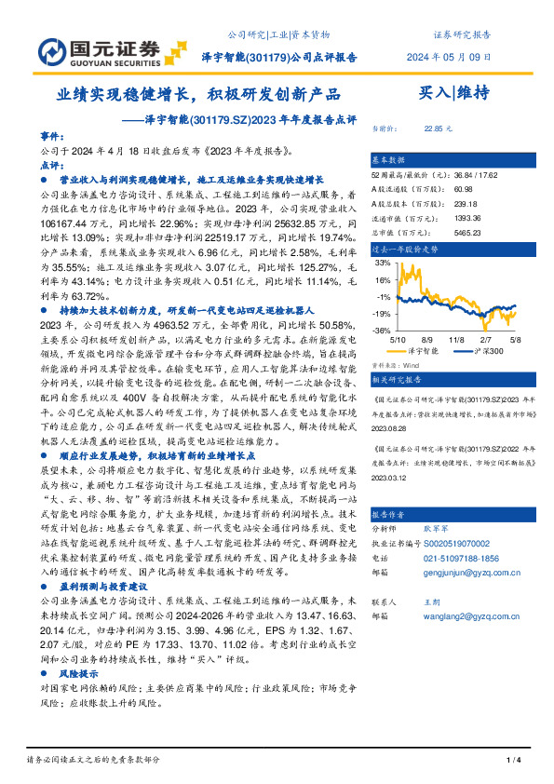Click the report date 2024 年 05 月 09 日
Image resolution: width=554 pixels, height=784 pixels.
(x=451, y=56)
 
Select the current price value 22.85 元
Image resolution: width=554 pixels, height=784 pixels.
(x=438, y=128)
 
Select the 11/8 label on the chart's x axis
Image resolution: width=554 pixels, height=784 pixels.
(x=456, y=341)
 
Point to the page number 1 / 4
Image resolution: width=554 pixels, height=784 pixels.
(x=511, y=761)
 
